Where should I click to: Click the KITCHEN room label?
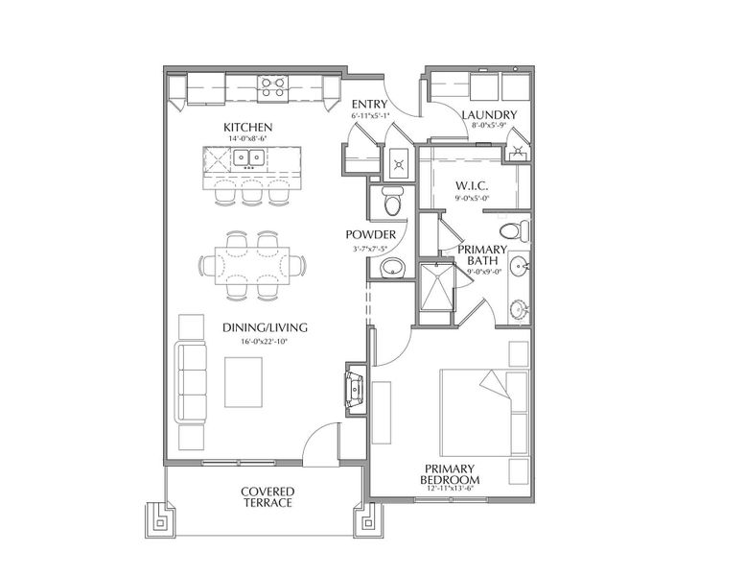pos(248,128)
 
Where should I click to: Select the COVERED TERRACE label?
pos(267,496)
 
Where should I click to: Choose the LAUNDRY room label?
pos(489,115)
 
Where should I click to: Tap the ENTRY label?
pos(370,104)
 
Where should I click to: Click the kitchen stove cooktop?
pos(272,88)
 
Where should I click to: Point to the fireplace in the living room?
pos(354,389)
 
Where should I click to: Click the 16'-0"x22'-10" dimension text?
pos(254,341)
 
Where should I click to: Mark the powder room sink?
pos(391,270)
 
